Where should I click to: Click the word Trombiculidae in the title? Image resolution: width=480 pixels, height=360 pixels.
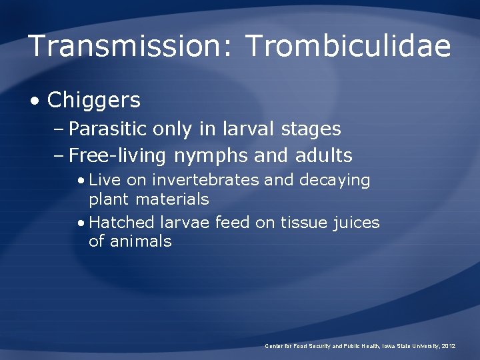coord(349,47)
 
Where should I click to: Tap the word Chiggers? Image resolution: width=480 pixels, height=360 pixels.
coord(94,101)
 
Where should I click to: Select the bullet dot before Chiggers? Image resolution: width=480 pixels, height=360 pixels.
coord(35,101)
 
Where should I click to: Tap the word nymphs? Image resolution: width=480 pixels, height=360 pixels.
coord(211,156)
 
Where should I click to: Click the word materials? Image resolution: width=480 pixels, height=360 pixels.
coord(172,199)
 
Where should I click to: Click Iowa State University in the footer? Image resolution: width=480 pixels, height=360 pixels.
coord(410,346)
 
